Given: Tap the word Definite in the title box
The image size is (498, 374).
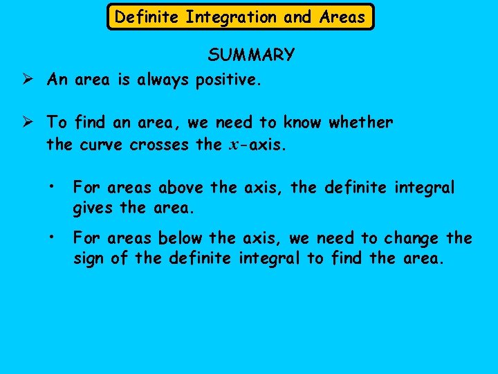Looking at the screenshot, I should (x=147, y=17).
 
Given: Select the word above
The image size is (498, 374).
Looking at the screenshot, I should (x=181, y=188).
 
